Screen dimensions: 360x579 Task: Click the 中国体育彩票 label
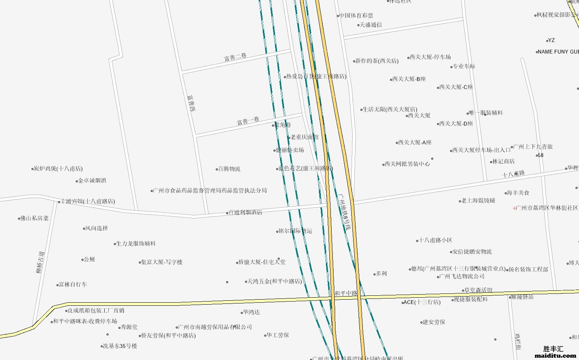(356, 16)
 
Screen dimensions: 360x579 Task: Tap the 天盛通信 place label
(370, 25)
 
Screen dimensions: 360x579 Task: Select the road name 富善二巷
(235, 57)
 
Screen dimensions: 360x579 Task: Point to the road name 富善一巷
(248, 121)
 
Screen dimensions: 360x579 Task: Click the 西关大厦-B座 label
(409, 79)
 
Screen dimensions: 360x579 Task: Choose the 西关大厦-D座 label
(456, 124)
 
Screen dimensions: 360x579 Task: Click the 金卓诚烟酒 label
(92, 181)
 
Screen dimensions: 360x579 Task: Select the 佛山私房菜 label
(34, 218)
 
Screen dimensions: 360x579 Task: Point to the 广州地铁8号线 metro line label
(345, 212)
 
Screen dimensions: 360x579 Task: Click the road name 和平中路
(346, 293)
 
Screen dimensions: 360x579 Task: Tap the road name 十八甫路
(514, 174)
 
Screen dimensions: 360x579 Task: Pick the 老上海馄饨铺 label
(478, 201)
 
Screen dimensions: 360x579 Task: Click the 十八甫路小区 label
(436, 240)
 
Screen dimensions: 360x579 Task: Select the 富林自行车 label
(73, 285)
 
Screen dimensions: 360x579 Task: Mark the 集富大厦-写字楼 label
(162, 262)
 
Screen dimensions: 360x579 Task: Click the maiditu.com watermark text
(556, 356)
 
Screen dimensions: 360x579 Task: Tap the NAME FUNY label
(557, 52)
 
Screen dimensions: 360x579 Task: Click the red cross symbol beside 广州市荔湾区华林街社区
(515, 208)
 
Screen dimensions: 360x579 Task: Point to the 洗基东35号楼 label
(120, 346)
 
